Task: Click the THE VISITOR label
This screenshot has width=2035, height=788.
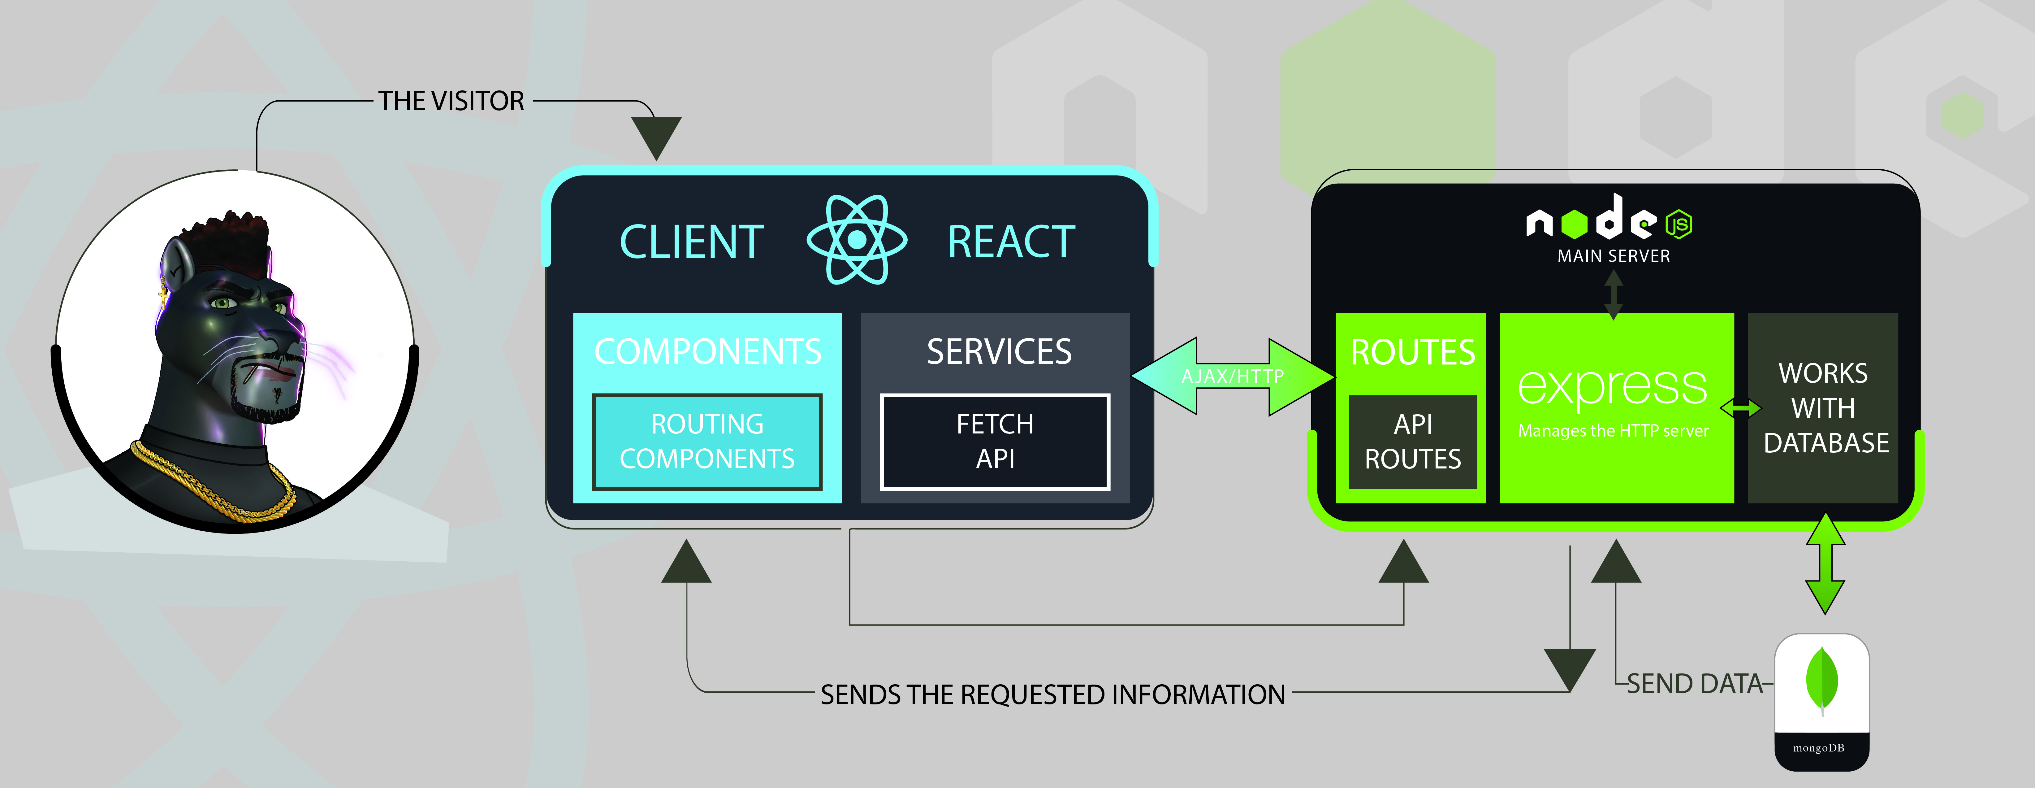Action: pos(451,101)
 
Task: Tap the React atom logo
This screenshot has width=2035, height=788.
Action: pos(856,239)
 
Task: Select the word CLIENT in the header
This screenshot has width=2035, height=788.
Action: pos(691,242)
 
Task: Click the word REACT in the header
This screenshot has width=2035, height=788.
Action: pos(1011,242)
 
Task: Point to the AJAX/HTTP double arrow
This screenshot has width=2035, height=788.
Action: pos(1232,376)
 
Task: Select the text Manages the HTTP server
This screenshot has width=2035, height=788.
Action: pos(1613,431)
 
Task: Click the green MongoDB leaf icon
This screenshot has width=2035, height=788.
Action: pos(1822,680)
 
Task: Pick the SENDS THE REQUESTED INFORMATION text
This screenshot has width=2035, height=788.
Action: pos(1052,695)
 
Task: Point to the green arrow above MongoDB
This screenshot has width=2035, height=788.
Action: pos(1825,563)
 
